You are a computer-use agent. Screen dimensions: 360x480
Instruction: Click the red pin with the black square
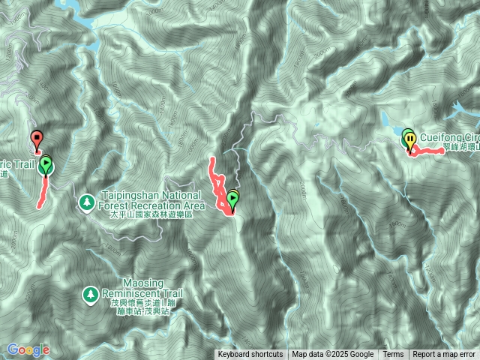coord(36,138)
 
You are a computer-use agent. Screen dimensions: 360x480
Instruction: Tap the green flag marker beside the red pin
coord(46,163)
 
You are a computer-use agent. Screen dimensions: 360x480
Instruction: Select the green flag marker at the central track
coord(232,199)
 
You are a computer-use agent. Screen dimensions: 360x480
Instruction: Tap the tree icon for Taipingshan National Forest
coord(86,202)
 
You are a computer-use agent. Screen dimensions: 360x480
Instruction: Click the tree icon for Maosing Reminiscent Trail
coord(91,294)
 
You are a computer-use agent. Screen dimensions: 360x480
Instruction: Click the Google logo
coord(28,349)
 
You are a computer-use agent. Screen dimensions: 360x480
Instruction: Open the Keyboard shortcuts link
coord(250,355)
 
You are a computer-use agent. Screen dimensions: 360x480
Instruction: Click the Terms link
coord(393,355)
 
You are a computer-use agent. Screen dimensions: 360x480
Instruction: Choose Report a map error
coord(444,355)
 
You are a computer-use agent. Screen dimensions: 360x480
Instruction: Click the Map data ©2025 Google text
coord(333,355)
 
